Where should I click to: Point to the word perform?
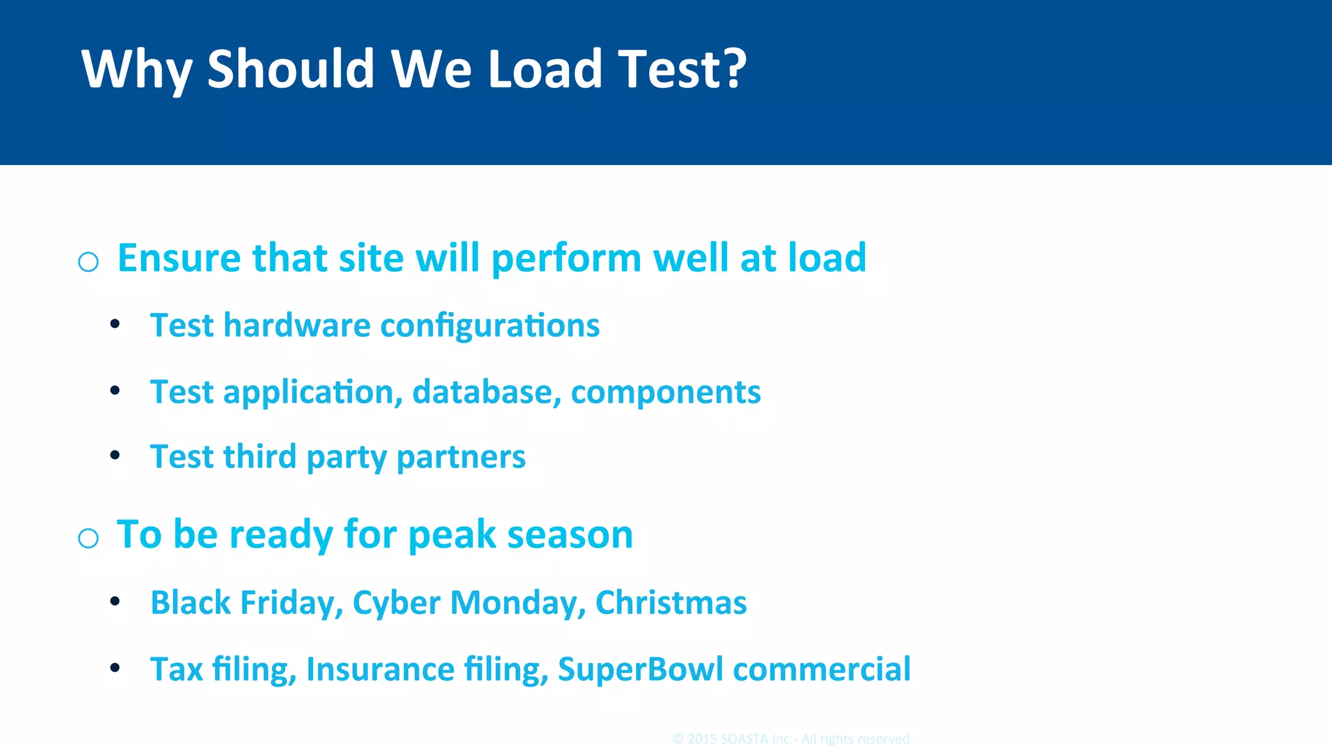(x=566, y=259)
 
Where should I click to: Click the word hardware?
(x=297, y=325)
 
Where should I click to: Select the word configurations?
(x=490, y=326)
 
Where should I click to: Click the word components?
(x=665, y=393)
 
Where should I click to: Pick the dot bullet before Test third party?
(x=115, y=455)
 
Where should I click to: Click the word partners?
(x=460, y=457)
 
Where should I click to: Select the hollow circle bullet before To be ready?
(x=88, y=538)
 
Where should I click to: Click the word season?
(x=570, y=536)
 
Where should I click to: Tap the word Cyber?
(x=396, y=603)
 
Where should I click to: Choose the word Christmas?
(x=671, y=603)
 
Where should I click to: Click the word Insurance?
(x=380, y=669)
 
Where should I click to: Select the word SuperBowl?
(x=640, y=669)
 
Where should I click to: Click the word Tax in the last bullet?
(x=176, y=669)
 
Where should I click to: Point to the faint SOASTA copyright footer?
(x=792, y=739)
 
